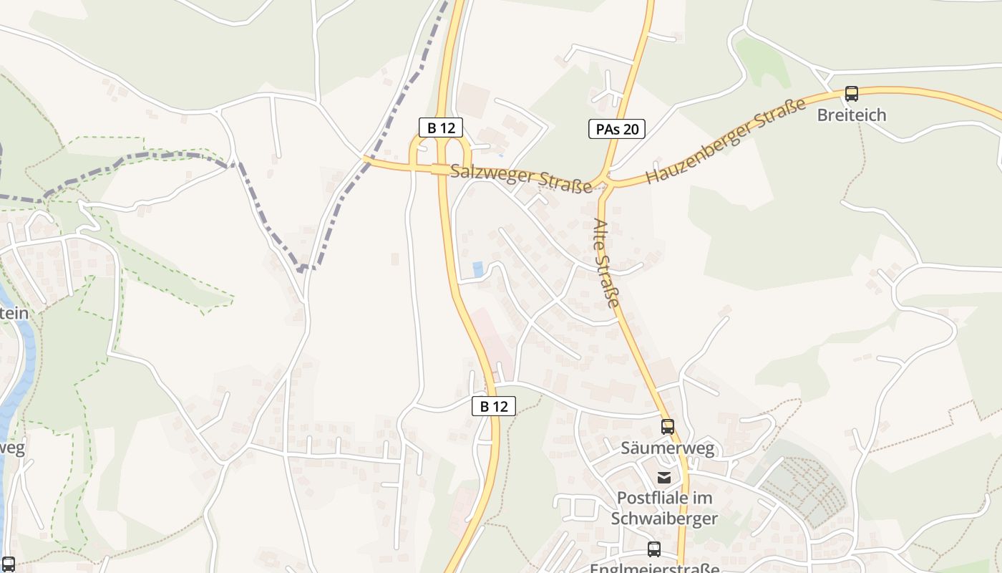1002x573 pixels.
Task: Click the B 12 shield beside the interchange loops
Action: point(441,128)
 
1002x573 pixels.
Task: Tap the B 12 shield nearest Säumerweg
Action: point(494,406)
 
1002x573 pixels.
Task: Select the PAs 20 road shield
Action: point(617,129)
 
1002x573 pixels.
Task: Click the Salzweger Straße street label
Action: point(522,178)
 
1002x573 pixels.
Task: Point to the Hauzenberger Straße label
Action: point(726,140)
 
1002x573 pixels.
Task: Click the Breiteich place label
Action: point(852,115)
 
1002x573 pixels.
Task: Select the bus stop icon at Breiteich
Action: point(852,94)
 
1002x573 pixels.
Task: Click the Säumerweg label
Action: point(668,448)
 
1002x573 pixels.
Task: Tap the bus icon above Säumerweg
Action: point(668,427)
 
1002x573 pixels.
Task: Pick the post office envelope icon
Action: point(665,477)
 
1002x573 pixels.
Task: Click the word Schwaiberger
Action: point(665,518)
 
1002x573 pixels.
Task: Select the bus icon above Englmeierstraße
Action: point(654,549)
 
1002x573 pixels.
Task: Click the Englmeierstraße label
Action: point(655,568)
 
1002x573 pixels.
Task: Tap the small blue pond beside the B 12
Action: point(477,269)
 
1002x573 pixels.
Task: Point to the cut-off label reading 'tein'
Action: point(14,313)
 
